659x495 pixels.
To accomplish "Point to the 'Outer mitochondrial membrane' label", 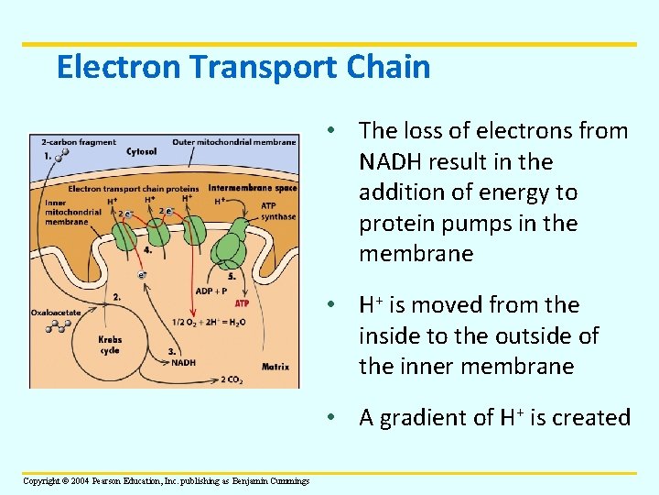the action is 233,142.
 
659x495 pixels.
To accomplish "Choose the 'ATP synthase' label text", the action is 278,211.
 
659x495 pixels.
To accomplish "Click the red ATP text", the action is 243,302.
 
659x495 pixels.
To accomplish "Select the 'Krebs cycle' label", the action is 110,345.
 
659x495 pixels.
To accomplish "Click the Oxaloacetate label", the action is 55,313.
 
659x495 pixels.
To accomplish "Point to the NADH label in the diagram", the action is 183,362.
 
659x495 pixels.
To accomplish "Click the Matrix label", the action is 275,367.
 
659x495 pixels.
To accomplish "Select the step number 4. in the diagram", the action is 147,248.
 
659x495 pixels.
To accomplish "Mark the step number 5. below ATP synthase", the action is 232,276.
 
